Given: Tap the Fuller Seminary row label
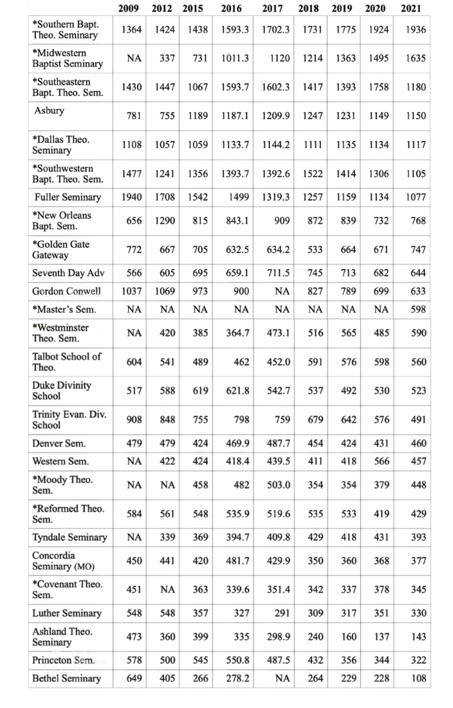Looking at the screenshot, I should click(x=67, y=197).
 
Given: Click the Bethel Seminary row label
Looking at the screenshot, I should click(x=66, y=678).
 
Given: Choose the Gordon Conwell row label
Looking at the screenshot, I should click(x=66, y=291).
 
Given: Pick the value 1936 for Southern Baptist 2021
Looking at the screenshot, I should click(x=416, y=30).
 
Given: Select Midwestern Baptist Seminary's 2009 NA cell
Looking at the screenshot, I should click(x=134, y=58).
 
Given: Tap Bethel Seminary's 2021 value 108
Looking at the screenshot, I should click(x=419, y=678).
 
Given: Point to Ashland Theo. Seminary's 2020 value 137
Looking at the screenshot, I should click(x=381, y=637).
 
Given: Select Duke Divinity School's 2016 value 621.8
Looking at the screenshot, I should click(x=238, y=391).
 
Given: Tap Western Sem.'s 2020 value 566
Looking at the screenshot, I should click(x=381, y=461).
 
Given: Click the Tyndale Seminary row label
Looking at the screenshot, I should click(x=70, y=537).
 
